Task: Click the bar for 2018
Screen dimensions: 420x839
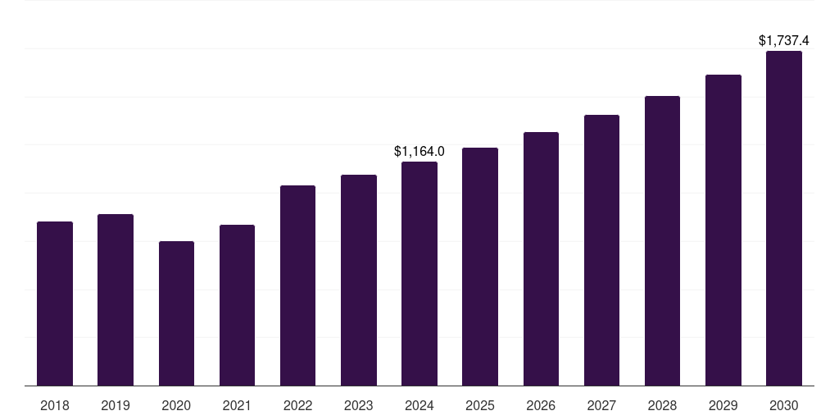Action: pos(55,304)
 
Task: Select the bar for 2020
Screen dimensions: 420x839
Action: pos(176,313)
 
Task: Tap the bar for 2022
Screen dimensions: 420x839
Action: pos(297,285)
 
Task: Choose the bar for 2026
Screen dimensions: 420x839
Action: pos(541,258)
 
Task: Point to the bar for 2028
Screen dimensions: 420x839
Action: pos(662,240)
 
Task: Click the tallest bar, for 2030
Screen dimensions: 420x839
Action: pos(784,218)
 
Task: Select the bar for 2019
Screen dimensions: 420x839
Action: pos(116,299)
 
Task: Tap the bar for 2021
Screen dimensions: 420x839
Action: pos(237,305)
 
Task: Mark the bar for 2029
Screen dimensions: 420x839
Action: pos(723,230)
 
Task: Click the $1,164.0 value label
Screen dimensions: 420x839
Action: pos(419,151)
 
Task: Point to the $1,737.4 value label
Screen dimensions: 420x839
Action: pos(784,40)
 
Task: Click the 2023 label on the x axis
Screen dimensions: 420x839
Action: pos(359,405)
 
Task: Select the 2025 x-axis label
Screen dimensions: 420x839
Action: pos(480,405)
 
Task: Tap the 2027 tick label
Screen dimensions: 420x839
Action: pos(601,405)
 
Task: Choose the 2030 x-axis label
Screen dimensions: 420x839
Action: pos(784,405)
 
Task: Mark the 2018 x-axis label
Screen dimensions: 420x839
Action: pos(55,405)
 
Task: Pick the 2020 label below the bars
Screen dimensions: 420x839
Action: pos(176,405)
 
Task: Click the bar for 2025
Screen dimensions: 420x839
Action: pos(480,267)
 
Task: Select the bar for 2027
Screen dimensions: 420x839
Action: pos(601,250)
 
